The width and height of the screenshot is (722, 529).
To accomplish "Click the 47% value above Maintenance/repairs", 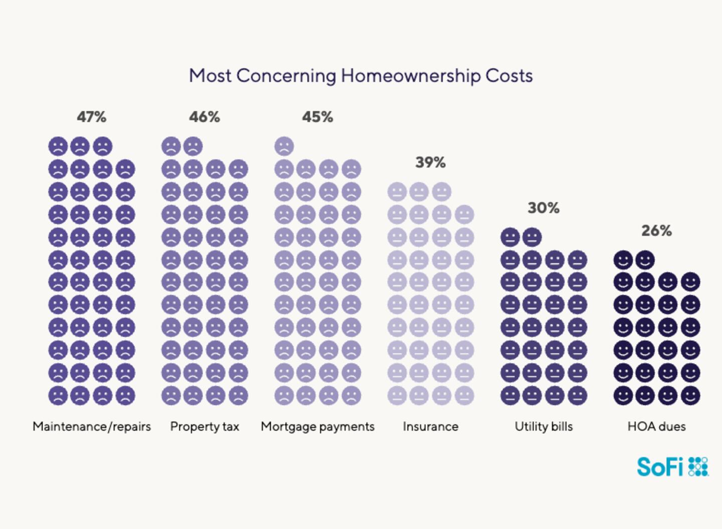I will [91, 117].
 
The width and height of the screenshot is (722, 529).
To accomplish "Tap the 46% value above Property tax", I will [205, 117].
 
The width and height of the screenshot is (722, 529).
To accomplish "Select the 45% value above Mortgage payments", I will [317, 117].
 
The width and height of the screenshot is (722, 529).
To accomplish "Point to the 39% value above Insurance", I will [430, 163].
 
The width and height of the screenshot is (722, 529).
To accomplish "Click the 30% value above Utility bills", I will [544, 208].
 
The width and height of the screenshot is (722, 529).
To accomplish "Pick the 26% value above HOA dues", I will [656, 231].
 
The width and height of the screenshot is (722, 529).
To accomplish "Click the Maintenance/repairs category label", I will [92, 427].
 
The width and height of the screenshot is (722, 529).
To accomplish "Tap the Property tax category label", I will [205, 427].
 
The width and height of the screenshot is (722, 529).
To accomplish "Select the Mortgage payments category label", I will [317, 427].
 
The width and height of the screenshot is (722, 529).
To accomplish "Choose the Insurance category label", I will [430, 427].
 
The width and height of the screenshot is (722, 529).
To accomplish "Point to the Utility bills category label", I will [544, 427].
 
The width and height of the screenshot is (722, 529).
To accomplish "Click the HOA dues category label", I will [656, 427].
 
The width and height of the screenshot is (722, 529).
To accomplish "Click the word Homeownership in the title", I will [411, 76].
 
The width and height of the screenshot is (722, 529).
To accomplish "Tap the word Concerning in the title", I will [286, 76].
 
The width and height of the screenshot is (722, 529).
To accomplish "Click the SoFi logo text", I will [660, 467].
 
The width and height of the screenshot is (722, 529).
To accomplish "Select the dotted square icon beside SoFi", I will [698, 467].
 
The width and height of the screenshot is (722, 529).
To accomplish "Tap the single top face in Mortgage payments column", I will [284, 147].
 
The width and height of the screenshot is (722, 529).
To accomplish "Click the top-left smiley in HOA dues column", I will [623, 260].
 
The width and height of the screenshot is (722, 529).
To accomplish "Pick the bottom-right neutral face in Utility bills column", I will [577, 395].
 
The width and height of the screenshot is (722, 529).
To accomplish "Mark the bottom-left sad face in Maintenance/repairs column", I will [58, 395].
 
